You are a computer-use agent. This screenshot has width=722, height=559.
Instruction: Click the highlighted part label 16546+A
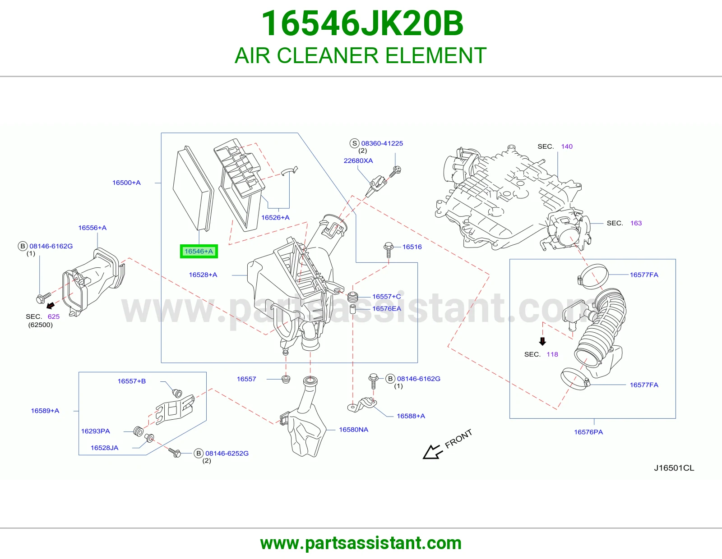199,251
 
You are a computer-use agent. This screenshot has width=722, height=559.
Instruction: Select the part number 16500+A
126,183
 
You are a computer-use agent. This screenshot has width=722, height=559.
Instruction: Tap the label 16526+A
275,217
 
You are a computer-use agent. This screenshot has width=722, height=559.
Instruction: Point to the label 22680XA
358,160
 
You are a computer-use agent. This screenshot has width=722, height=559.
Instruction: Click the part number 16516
412,247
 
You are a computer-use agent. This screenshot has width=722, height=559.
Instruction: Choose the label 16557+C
386,297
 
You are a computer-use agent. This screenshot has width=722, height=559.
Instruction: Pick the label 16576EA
386,308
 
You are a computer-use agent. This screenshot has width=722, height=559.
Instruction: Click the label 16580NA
353,430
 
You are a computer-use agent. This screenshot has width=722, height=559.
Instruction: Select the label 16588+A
411,416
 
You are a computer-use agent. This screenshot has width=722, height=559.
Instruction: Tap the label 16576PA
588,432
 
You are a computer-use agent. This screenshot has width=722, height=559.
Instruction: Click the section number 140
567,147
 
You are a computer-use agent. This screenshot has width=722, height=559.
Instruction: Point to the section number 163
636,223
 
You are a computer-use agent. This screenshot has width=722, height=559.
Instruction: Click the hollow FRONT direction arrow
432,453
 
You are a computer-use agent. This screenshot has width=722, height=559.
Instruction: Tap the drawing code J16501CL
674,468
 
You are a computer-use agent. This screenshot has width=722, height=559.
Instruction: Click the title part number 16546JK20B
362,23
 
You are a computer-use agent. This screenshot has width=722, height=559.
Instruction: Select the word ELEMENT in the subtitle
436,55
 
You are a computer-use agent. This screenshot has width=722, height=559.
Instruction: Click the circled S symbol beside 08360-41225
355,143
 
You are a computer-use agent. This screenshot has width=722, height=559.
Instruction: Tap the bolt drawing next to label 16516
389,250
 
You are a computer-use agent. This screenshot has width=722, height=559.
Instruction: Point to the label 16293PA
95,431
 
